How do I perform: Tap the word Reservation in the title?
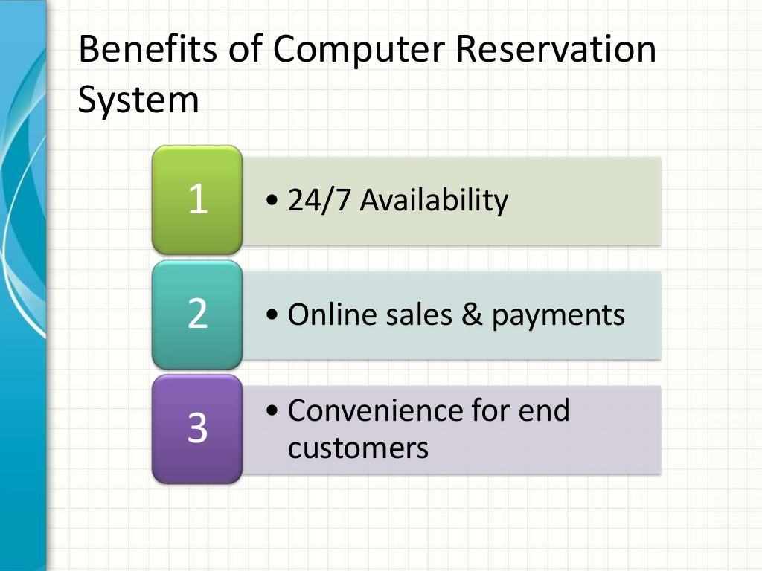tap(556, 51)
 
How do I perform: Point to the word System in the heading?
tap(139, 101)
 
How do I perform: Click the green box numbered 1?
tap(197, 199)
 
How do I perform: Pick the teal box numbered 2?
tap(197, 314)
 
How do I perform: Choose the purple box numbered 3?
tap(197, 429)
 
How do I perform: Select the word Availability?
tap(434, 200)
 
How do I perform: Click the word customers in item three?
tap(358, 448)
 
